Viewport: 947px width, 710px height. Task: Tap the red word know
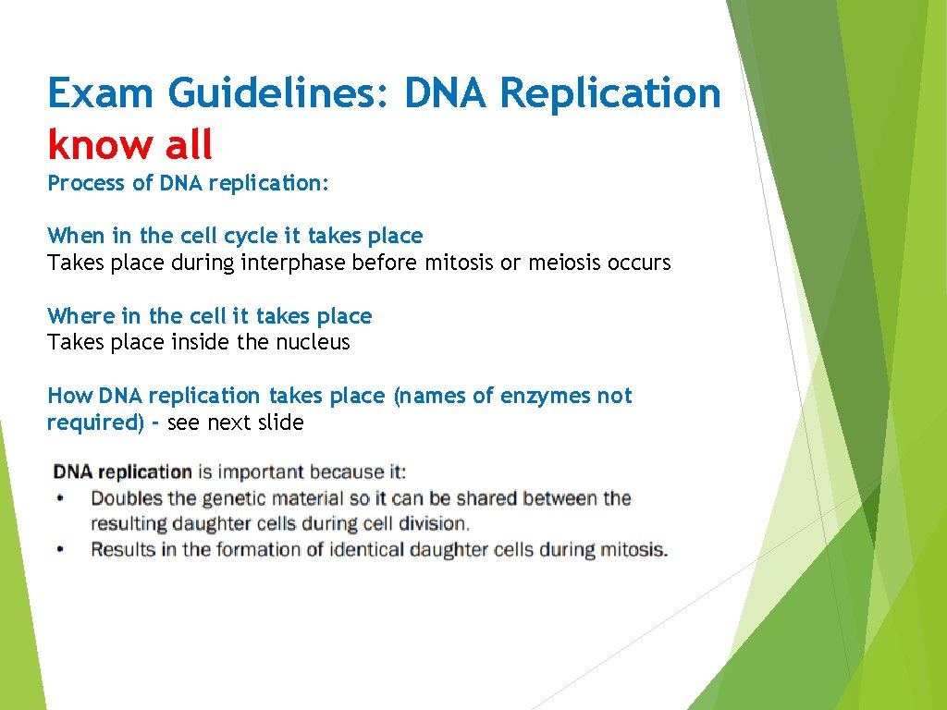click(x=97, y=145)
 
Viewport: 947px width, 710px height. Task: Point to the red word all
click(x=185, y=145)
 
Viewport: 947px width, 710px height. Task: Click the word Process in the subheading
click(x=86, y=183)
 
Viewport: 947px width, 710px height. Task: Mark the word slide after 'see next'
click(x=279, y=423)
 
